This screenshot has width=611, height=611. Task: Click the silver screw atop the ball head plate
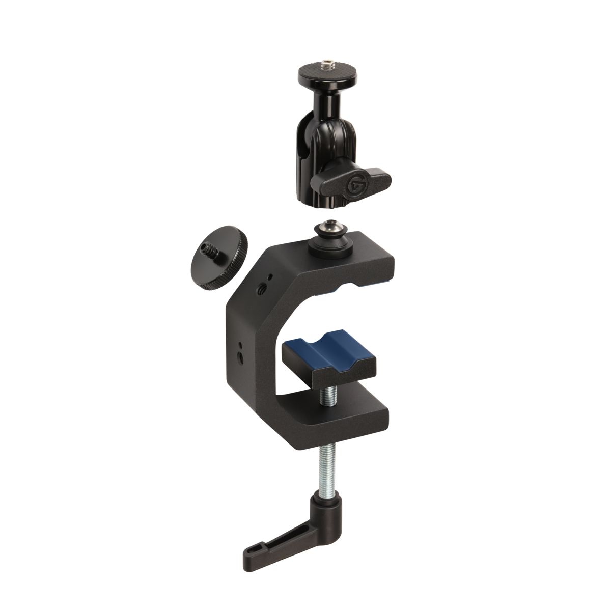point(324,65)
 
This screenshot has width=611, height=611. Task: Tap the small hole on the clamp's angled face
point(270,276)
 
